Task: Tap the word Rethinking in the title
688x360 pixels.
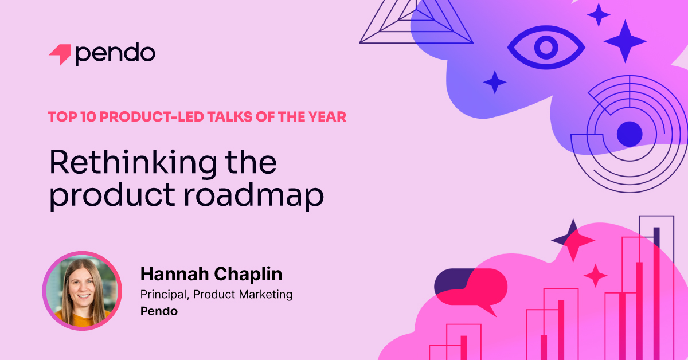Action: click(x=133, y=163)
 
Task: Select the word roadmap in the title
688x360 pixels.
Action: click(x=253, y=197)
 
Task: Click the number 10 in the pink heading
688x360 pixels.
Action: click(x=88, y=117)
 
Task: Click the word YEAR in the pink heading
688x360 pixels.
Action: click(x=327, y=117)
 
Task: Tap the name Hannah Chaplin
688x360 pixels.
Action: click(x=212, y=274)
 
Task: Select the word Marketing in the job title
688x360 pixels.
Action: click(x=265, y=294)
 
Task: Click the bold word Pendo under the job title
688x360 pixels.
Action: click(x=159, y=311)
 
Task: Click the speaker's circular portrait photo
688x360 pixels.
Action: click(x=82, y=291)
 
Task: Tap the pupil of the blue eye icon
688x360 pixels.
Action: click(x=546, y=48)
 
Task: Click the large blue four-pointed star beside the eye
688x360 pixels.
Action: click(x=626, y=41)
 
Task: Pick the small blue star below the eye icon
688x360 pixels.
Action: click(x=495, y=83)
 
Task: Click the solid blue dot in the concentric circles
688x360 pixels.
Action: click(x=630, y=134)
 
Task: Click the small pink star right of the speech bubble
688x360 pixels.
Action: click(x=596, y=276)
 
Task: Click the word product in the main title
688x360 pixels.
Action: click(x=112, y=197)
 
